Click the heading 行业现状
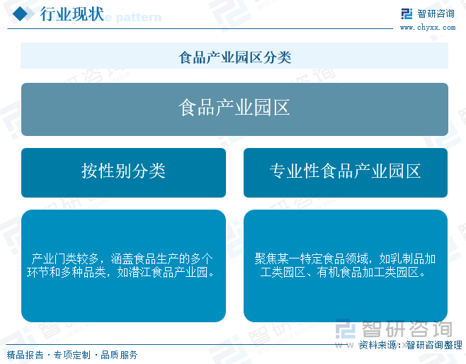coord(72,13)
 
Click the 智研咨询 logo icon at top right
coord(407,13)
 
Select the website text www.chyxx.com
coord(428,28)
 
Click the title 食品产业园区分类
coord(235,57)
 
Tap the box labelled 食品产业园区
coord(234,109)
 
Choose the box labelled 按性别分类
coord(123,173)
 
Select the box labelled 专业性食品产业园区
coord(346,173)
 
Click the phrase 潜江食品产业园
coord(168,272)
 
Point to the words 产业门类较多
coord(64,258)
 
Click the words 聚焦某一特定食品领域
coord(312,258)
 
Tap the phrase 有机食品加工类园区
coord(368,272)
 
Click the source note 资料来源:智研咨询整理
coord(411,345)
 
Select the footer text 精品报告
coord(25,355)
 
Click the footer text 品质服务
coord(119,355)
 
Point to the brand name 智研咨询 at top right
coord(436,13)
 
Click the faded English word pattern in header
coord(139,18)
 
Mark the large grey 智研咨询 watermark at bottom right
coord(394,329)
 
